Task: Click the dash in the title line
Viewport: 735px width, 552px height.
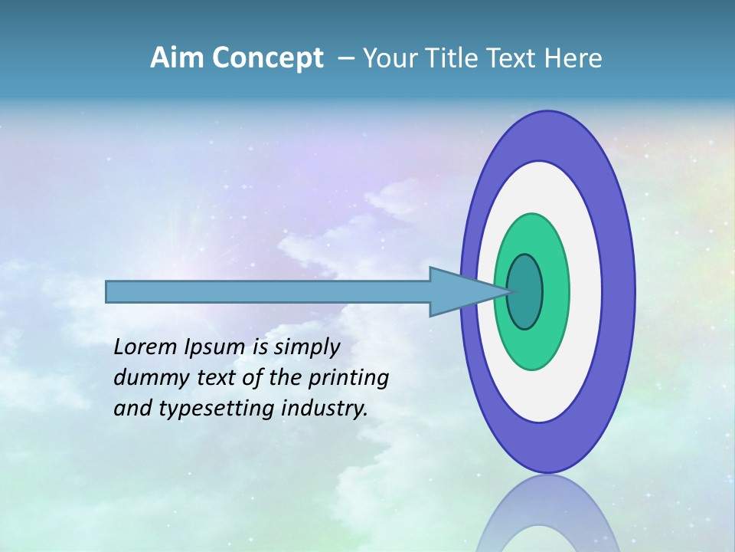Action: click(345, 59)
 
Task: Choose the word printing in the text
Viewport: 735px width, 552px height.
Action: click(348, 377)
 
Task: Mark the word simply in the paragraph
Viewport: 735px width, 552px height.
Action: click(306, 348)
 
